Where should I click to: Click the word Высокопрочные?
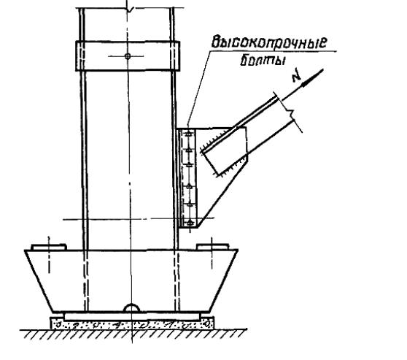pos(269,42)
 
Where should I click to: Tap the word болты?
pos(263,61)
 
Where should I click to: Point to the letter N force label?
pos(297,76)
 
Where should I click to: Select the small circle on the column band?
pos(128,56)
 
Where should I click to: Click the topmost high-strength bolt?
pos(189,134)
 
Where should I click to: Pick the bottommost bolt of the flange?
pos(190,223)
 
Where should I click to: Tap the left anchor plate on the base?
pos(49,247)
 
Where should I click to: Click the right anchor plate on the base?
pos(212,247)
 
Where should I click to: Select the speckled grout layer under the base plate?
pos(132,324)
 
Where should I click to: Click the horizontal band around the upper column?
pos(128,55)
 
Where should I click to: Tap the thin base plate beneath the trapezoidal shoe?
pos(132,317)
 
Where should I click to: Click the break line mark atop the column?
pos(130,9)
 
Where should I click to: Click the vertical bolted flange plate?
pos(187,178)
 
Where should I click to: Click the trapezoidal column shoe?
pos(131,281)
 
